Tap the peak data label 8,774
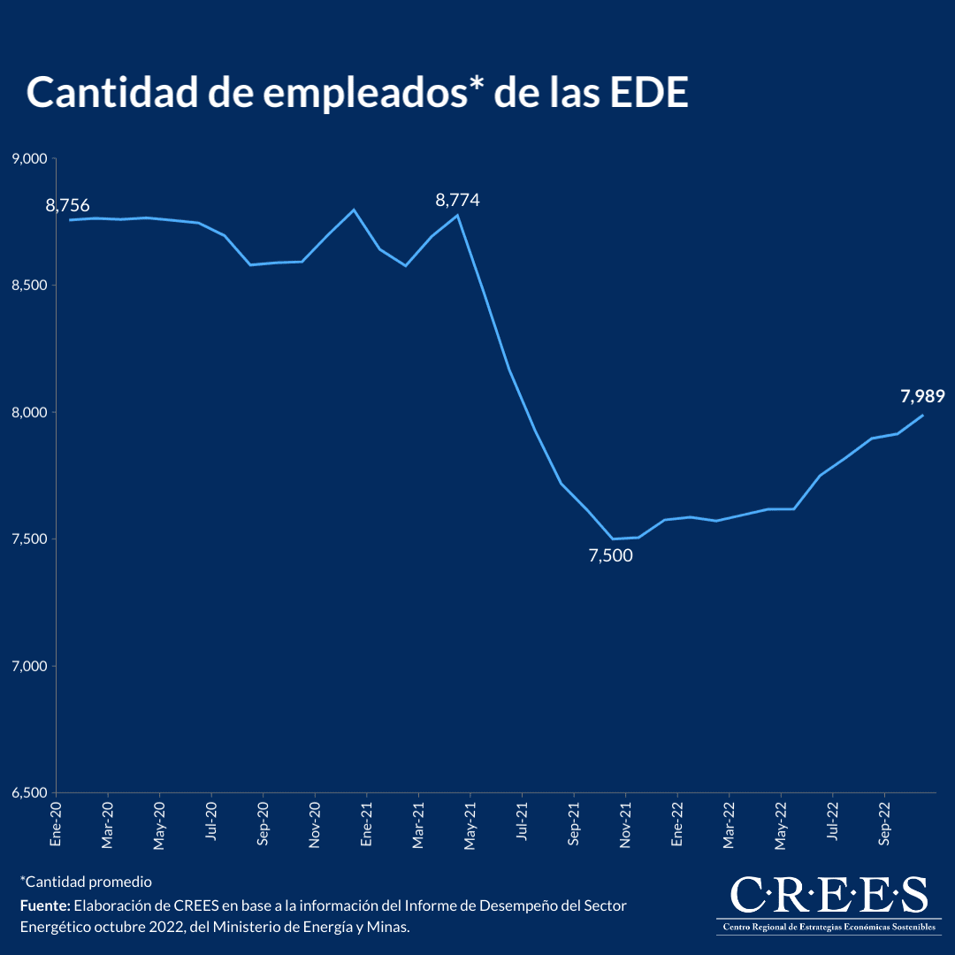tap(457, 201)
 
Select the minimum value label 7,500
tap(611, 556)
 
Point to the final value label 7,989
tap(923, 397)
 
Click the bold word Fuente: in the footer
tap(45, 906)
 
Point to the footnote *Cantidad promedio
tap(86, 882)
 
